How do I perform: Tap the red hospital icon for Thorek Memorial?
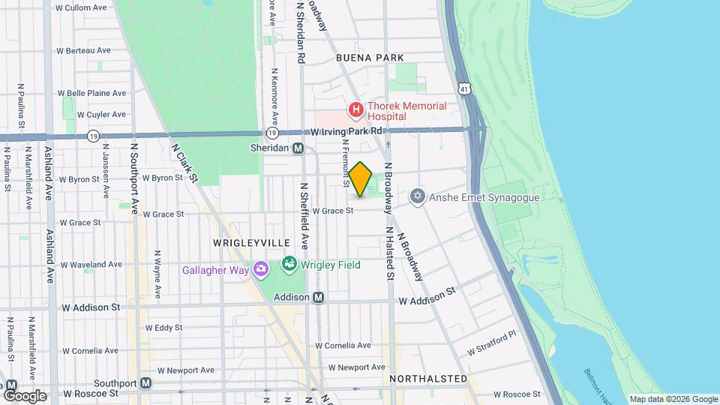(355, 110)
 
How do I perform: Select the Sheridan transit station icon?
(298, 148)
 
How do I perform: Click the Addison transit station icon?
(318, 298)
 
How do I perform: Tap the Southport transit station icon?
(146, 383)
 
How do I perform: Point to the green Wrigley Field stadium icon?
(289, 264)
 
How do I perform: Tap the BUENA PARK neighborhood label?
(370, 58)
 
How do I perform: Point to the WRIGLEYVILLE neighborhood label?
(251, 243)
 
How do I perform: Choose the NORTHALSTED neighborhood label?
(428, 379)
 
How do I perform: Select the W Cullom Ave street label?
(81, 7)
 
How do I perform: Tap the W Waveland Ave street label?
(91, 265)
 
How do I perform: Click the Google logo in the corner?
(24, 395)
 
